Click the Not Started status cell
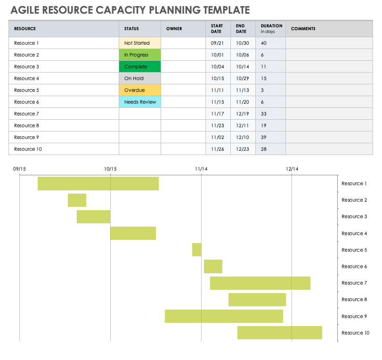[140, 43]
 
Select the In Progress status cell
[140, 55]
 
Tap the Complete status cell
[140, 66]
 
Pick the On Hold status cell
[140, 78]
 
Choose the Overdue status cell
[140, 90]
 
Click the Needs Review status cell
[140, 102]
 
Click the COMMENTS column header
[303, 29]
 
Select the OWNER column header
[174, 29]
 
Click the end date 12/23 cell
[242, 149]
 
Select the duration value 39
[264, 137]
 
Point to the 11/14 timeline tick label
[201, 169]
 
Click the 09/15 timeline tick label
[19, 169]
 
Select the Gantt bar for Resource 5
[196, 250]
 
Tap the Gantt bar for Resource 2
[77, 200]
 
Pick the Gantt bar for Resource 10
[279, 333]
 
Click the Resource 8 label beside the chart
[354, 299]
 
